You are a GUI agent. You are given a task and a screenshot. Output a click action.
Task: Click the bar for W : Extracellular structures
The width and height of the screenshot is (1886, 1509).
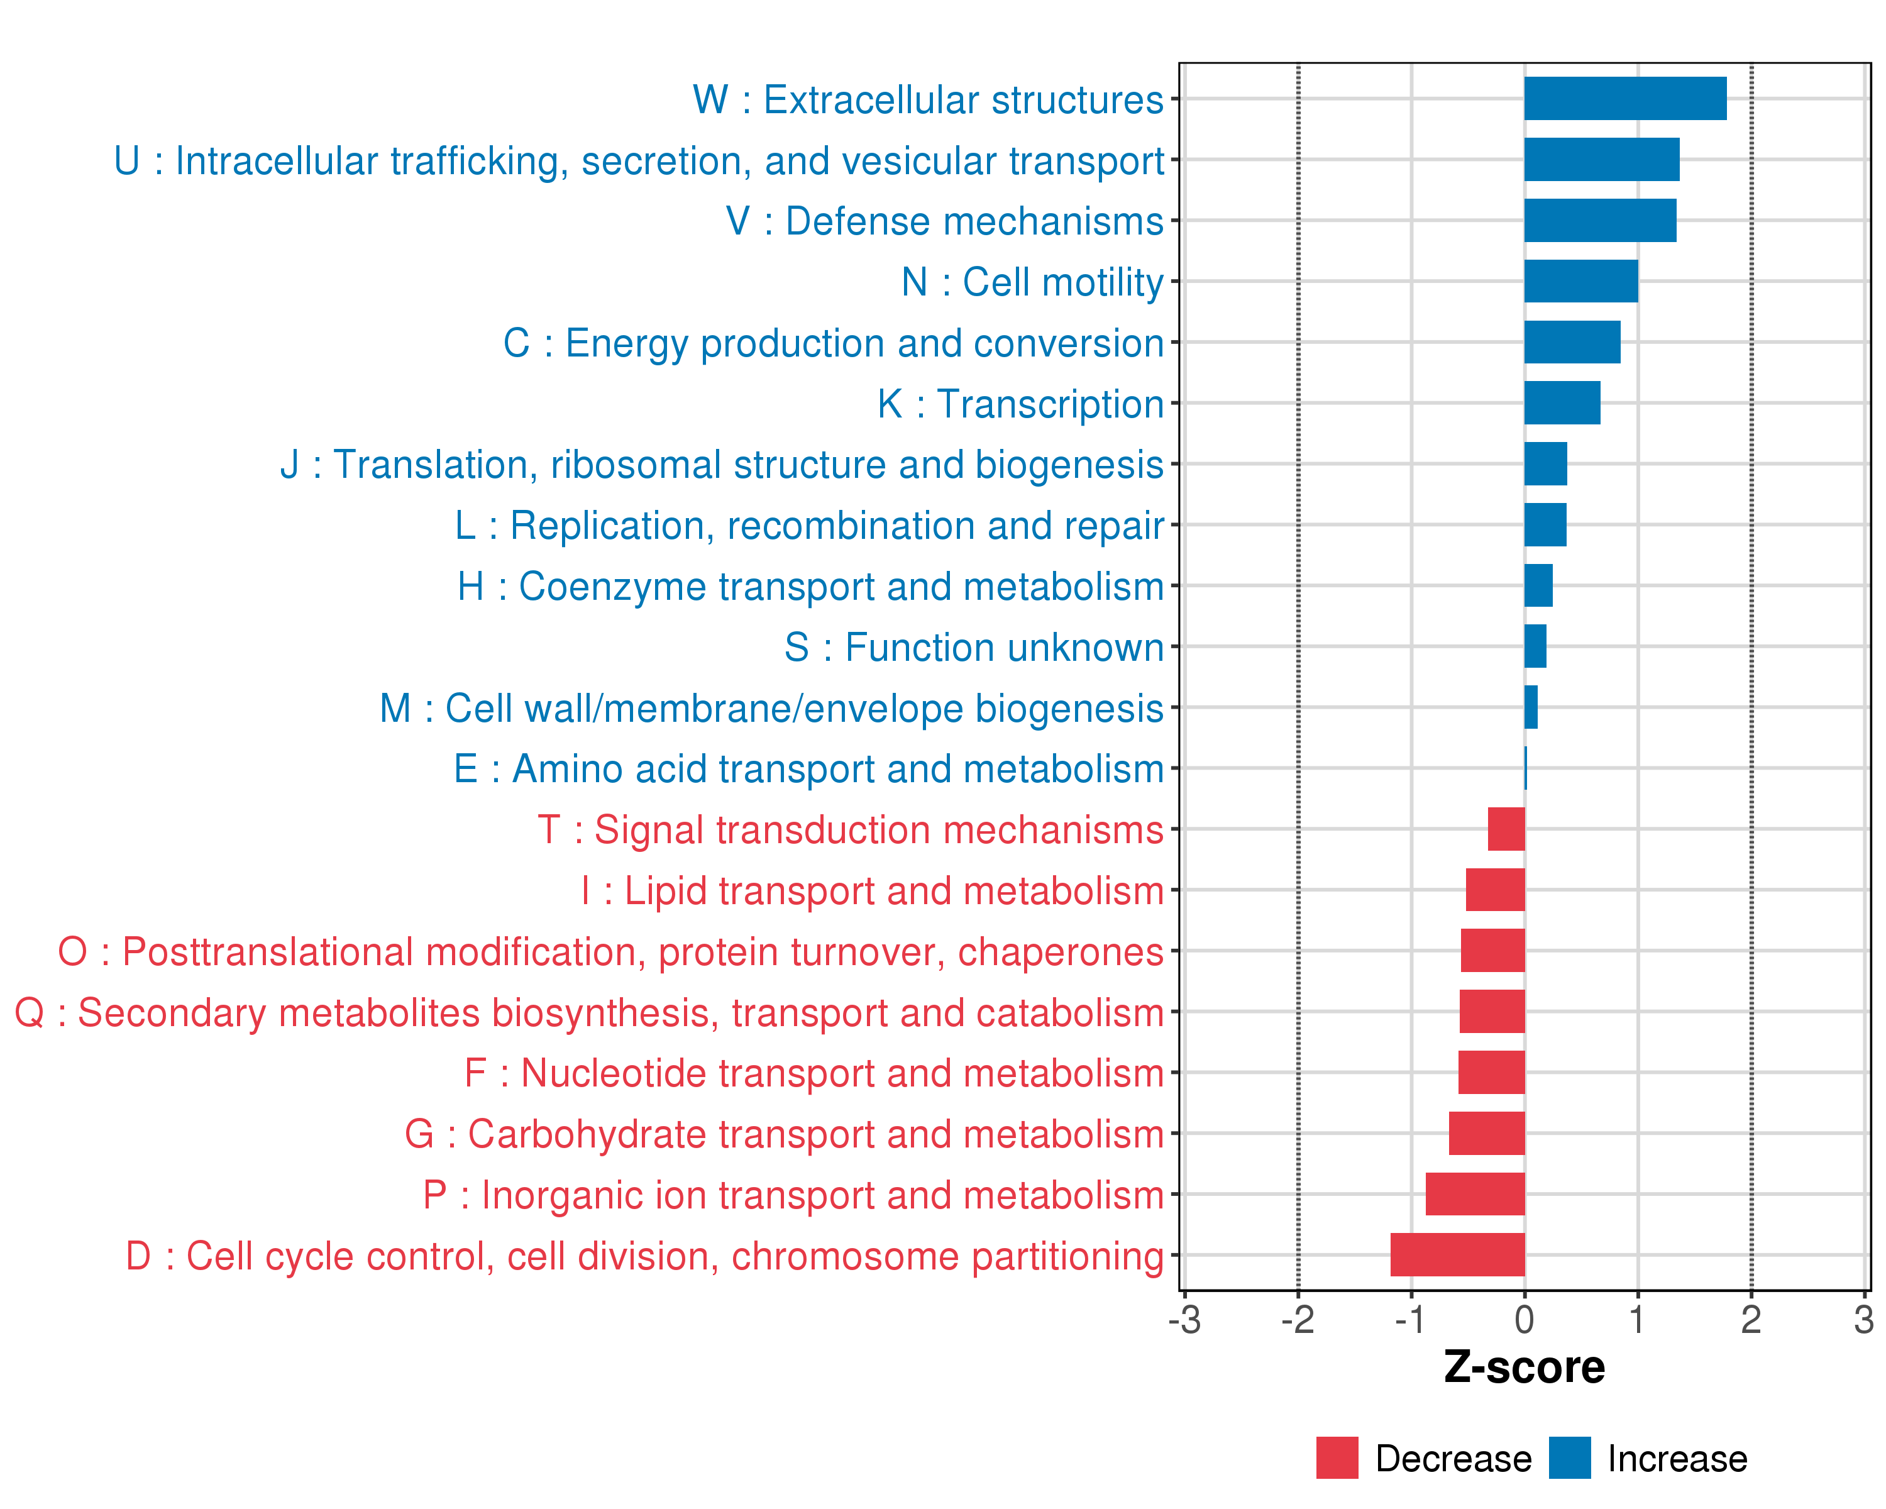pyautogui.click(x=1624, y=98)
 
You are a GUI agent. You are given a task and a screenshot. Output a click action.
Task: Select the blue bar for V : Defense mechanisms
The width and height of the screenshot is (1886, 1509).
pyautogui.click(x=1600, y=221)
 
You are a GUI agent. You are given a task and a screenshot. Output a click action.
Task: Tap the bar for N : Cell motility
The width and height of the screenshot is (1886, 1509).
pyautogui.click(x=1580, y=281)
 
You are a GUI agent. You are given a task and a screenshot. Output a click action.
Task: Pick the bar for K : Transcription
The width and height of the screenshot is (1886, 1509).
pyautogui.click(x=1562, y=402)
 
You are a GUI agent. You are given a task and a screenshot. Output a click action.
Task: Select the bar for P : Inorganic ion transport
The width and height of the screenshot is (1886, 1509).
pyautogui.click(x=1475, y=1193)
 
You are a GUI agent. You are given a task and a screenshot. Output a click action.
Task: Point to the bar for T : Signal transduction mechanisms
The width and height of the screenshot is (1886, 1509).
pyautogui.click(x=1506, y=829)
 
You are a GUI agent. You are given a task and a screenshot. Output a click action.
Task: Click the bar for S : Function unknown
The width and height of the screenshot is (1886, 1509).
pyautogui.click(x=1535, y=646)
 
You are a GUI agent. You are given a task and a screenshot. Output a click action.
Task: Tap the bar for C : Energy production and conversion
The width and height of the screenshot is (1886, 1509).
pyautogui.click(x=1572, y=342)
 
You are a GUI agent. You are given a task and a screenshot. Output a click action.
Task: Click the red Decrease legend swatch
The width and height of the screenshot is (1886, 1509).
pyautogui.click(x=1337, y=1457)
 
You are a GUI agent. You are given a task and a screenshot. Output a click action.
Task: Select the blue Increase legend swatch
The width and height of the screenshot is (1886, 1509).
pyautogui.click(x=1569, y=1457)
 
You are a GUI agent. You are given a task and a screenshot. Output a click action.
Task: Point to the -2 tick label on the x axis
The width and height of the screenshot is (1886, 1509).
pyautogui.click(x=1298, y=1319)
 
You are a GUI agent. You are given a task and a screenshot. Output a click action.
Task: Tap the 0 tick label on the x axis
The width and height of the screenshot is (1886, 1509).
pyautogui.click(x=1524, y=1319)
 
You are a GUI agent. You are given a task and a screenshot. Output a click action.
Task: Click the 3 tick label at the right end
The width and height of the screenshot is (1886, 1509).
pyautogui.click(x=1863, y=1319)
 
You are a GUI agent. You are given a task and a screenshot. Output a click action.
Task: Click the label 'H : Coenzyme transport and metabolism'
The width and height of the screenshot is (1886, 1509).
pyautogui.click(x=810, y=586)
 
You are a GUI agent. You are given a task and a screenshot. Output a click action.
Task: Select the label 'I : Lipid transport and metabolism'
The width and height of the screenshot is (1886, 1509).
pyautogui.click(x=872, y=890)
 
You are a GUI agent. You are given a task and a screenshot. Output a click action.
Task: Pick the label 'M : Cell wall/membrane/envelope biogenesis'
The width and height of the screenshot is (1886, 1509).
pyautogui.click(x=771, y=708)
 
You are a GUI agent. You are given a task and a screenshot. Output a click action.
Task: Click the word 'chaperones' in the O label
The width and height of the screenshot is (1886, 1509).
pyautogui.click(x=1060, y=952)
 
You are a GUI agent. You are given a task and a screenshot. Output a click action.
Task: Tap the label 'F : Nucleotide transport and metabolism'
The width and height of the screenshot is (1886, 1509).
pyautogui.click(x=813, y=1073)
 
